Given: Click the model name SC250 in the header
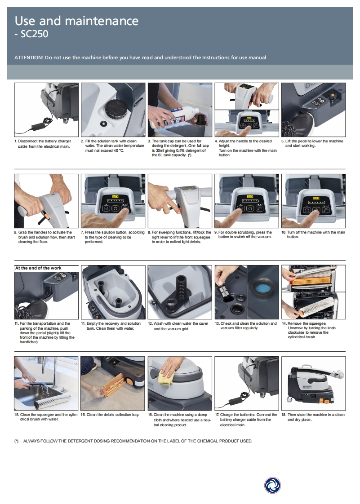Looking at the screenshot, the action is tap(34, 34).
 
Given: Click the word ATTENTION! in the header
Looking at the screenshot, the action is tap(29, 57).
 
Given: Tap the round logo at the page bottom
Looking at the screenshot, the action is tap(272, 485).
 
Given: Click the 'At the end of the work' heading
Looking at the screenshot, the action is tap(38, 268).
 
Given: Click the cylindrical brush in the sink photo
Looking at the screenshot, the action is tap(58, 400).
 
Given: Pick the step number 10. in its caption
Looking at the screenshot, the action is tap(284, 232).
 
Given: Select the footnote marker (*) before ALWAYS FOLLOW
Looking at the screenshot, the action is tap(17, 441).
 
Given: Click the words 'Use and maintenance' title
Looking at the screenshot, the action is tap(76, 21).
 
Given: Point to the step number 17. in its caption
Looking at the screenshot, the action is tap(217, 415).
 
